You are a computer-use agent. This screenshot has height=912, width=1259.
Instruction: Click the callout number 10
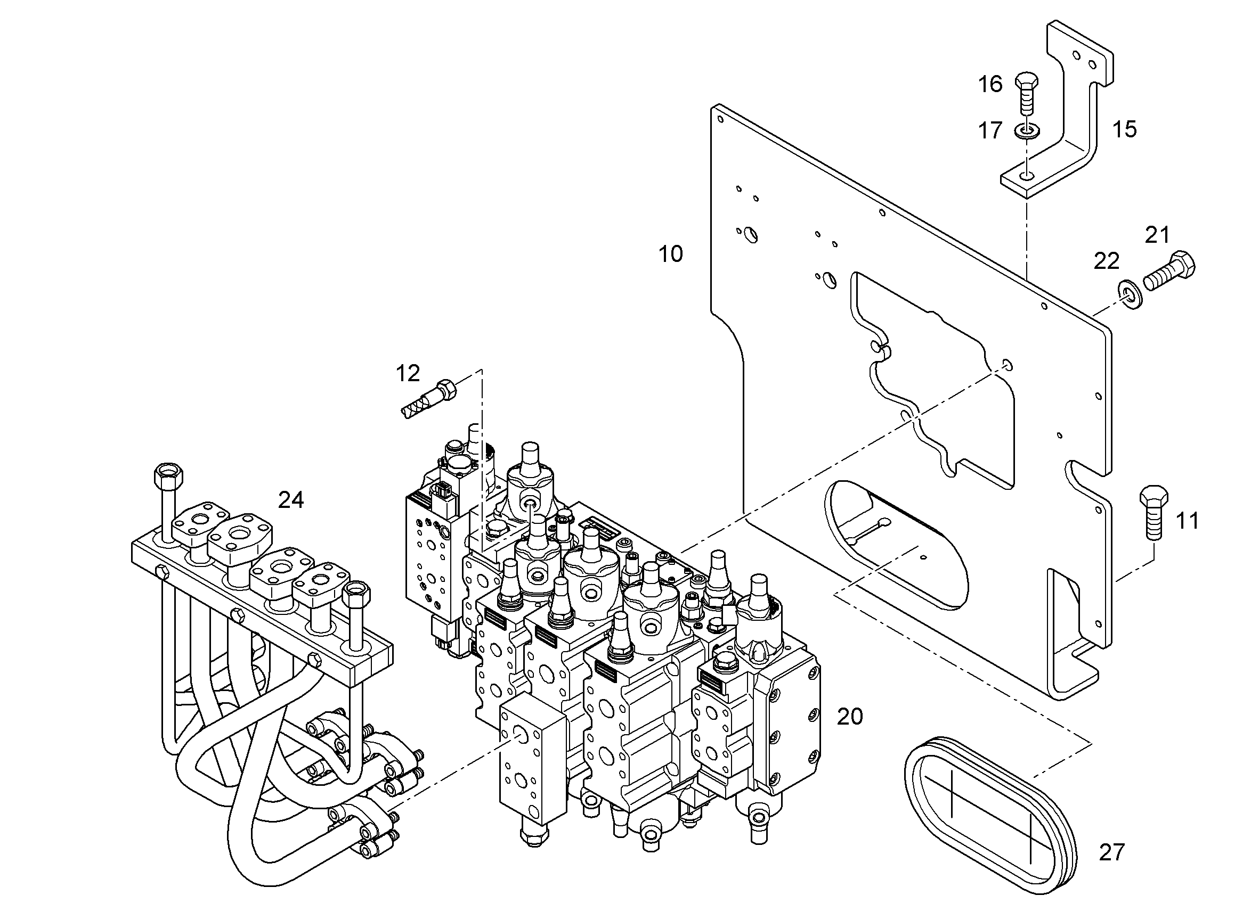tap(670, 254)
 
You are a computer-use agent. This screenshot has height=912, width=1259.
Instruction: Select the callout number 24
tap(291, 500)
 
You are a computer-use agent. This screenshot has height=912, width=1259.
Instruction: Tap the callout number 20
tap(850, 717)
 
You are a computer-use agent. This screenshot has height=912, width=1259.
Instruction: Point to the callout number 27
tap(1112, 853)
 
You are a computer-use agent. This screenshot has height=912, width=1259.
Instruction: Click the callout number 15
tap(1125, 129)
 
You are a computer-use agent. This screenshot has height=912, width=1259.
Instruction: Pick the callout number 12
tap(408, 374)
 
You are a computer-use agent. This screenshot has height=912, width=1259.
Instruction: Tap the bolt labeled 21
tap(1169, 272)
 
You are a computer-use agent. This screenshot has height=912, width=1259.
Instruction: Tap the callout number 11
tap(1188, 521)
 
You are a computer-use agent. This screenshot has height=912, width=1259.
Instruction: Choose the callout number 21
tap(1157, 235)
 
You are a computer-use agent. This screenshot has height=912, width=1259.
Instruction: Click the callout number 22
tap(1106, 261)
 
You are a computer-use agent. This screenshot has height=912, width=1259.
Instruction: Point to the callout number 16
tap(990, 84)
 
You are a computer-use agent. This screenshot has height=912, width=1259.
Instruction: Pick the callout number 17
tap(990, 131)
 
